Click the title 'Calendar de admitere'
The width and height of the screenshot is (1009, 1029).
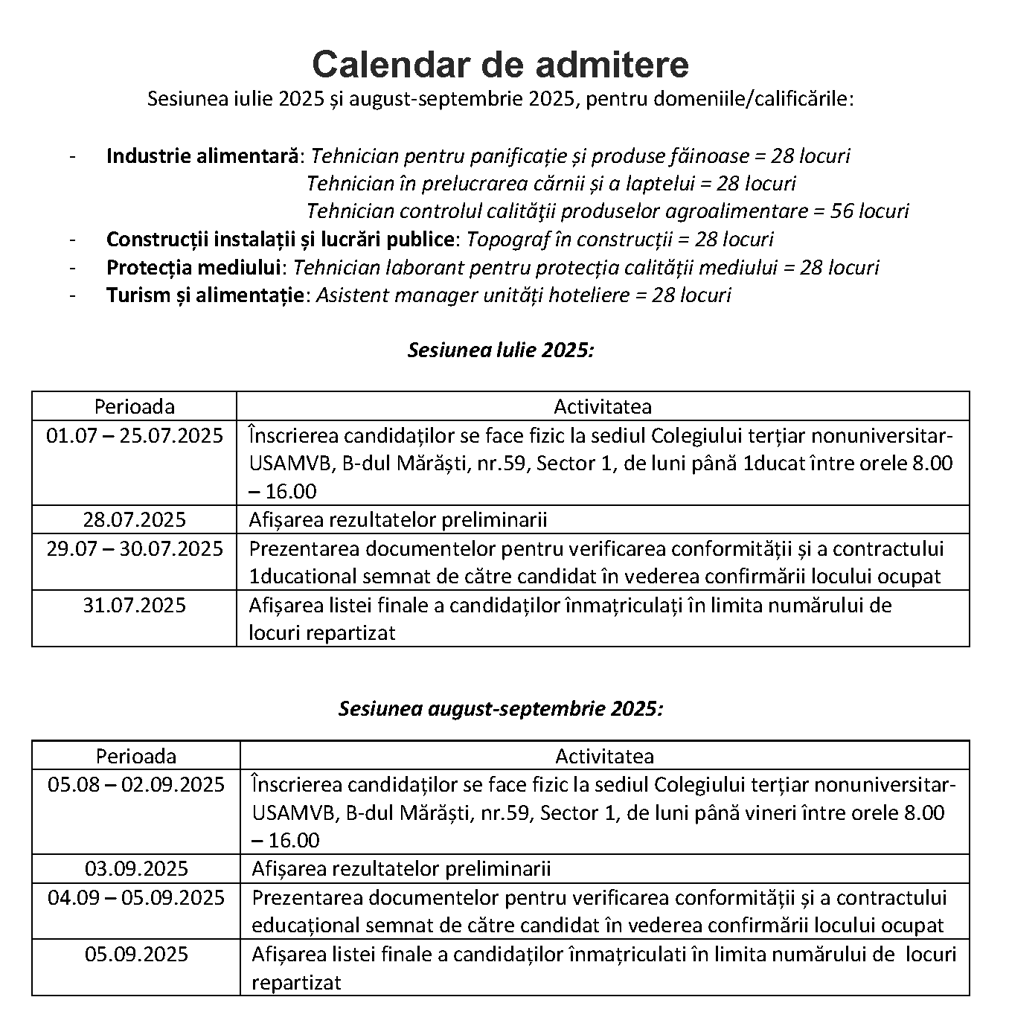point(500,65)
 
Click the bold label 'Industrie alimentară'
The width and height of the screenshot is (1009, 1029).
point(202,156)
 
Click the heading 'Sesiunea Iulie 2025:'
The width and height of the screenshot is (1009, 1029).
point(501,350)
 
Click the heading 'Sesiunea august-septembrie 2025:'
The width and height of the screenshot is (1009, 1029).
point(501,708)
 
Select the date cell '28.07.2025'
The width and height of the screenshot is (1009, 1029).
point(135,519)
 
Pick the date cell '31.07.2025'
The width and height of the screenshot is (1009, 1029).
point(135,605)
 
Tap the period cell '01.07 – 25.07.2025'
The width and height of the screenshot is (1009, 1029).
point(135,435)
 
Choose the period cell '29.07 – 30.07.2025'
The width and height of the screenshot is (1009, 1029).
point(135,548)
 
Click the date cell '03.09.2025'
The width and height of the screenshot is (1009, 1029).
point(136,868)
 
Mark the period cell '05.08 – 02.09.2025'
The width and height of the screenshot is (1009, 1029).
point(136,784)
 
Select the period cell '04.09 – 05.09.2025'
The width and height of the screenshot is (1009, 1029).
point(136,897)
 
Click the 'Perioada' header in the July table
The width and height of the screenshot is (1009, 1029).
point(135,406)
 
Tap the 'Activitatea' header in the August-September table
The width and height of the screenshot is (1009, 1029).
point(604,756)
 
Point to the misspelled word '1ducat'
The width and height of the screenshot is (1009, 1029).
point(775,464)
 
